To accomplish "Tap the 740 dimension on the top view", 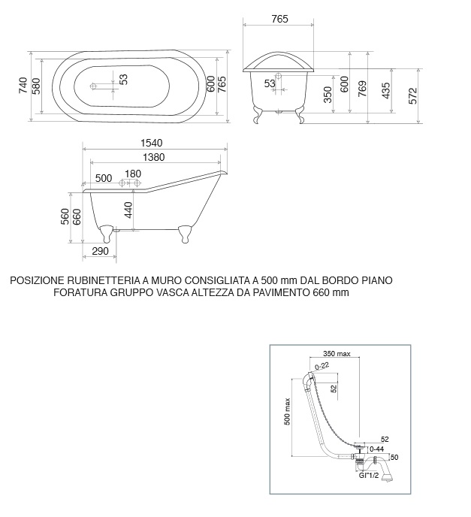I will [23, 86].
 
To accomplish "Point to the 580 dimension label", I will [36, 86].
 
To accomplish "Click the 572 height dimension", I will [413, 94].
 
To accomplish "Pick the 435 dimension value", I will [386, 90].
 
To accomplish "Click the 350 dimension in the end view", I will [328, 95].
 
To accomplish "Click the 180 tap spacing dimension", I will [133, 174].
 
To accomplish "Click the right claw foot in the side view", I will [184, 234].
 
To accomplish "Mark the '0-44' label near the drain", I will [377, 448].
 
